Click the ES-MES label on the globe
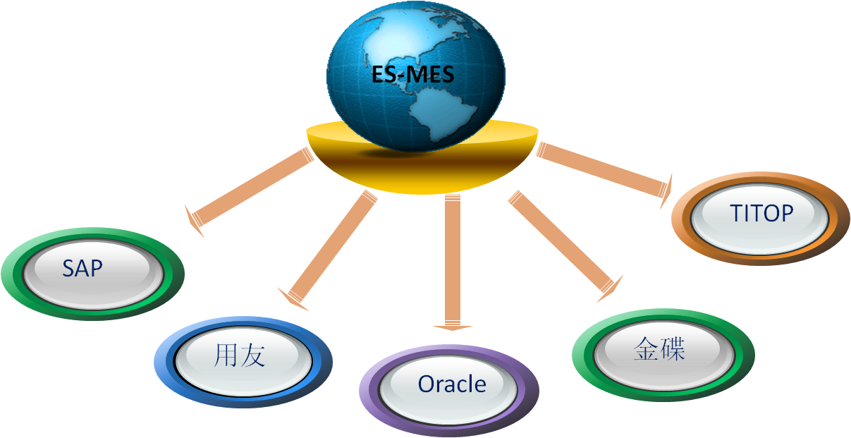[413, 75]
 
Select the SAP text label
[82, 268]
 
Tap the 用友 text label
[239, 356]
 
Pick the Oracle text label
[452, 384]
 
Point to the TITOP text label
[762, 213]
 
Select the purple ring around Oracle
[369, 391]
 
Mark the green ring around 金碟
[582, 356]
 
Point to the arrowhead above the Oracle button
[452, 327]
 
